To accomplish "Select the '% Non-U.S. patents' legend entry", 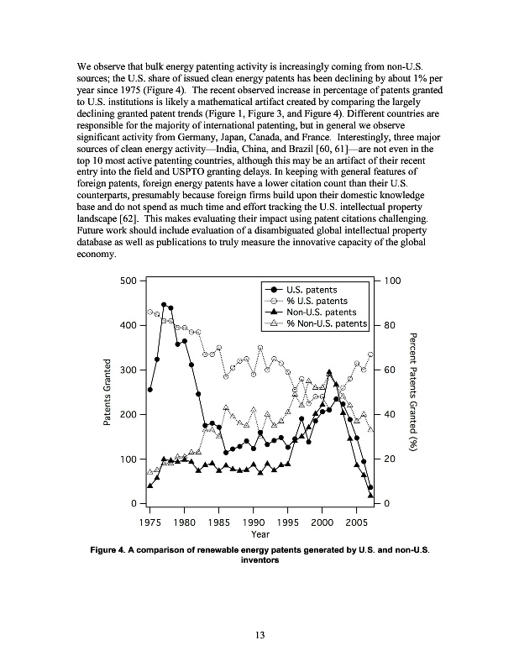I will click(x=327, y=323).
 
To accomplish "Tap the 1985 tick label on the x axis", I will click(x=219, y=521).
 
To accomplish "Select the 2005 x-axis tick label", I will click(x=356, y=521).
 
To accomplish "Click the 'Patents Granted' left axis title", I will click(x=107, y=392).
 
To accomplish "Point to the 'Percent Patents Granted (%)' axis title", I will click(x=412, y=392).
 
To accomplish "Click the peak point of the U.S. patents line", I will click(x=164, y=305).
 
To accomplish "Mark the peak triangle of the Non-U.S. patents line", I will click(x=329, y=371).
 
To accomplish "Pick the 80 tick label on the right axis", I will click(x=391, y=325).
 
